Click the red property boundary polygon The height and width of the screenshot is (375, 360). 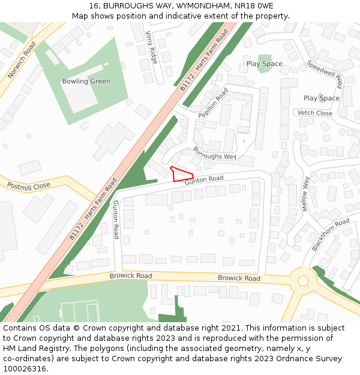[x=182, y=174]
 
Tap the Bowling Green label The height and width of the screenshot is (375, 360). [x=86, y=82]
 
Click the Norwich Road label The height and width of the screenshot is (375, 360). [x=22, y=60]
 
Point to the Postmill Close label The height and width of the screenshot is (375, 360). [x=29, y=187]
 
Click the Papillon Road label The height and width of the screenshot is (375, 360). [x=213, y=103]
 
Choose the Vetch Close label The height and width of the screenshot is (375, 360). [x=315, y=113]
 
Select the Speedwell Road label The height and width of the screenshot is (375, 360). [x=324, y=74]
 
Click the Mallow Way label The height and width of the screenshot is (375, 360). [x=305, y=193]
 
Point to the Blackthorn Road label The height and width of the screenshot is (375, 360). [x=331, y=235]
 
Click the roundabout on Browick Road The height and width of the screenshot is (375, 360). [x=303, y=280]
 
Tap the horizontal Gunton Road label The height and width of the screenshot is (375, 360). [x=204, y=179]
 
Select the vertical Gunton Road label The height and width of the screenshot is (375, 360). [x=115, y=220]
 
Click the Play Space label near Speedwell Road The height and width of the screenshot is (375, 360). [x=264, y=64]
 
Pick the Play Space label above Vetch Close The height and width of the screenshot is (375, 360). [x=321, y=98]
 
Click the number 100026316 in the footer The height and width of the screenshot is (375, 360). [x=25, y=368]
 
